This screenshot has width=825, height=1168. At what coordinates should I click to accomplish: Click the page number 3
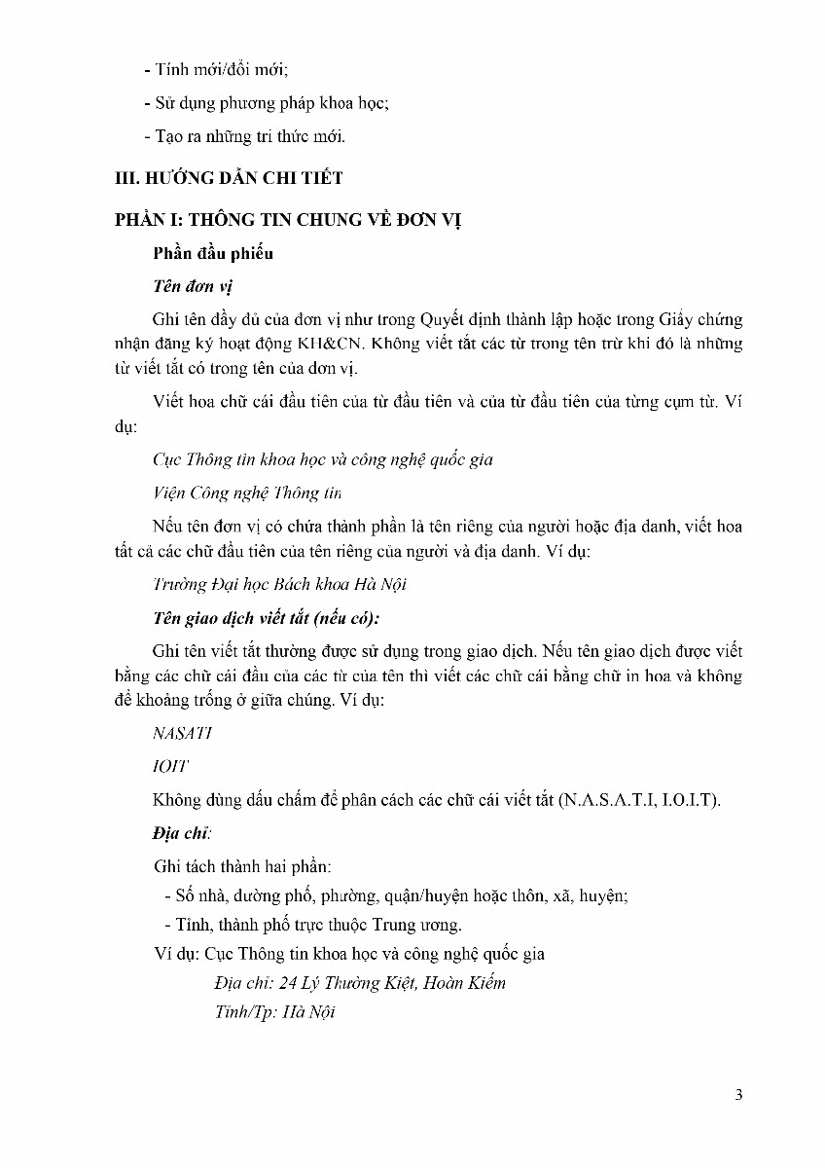pyautogui.click(x=739, y=1095)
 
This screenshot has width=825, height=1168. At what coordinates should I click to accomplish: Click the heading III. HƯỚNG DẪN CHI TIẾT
pyautogui.click(x=229, y=178)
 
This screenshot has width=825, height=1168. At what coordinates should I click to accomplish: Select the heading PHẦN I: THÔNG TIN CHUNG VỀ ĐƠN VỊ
pyautogui.click(x=288, y=219)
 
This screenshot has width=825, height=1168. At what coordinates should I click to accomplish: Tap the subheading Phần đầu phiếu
pyautogui.click(x=213, y=253)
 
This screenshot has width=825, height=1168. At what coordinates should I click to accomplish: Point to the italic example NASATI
pyautogui.click(x=183, y=733)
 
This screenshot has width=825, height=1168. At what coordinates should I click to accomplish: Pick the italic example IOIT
pyautogui.click(x=170, y=766)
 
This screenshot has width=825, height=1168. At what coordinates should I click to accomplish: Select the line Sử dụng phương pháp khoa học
pyautogui.click(x=271, y=103)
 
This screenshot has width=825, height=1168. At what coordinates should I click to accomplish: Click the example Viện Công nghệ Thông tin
pyautogui.click(x=247, y=493)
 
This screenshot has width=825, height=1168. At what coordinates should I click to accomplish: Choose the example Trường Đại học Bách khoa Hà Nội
pyautogui.click(x=279, y=584)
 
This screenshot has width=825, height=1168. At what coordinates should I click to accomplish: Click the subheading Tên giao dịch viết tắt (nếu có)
pyautogui.click(x=266, y=618)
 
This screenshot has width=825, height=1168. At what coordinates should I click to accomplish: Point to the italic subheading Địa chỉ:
pyautogui.click(x=182, y=833)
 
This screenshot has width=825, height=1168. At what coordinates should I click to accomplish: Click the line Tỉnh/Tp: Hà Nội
pyautogui.click(x=274, y=1012)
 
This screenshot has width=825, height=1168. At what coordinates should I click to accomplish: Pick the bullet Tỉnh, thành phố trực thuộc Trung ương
pyautogui.click(x=312, y=925)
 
